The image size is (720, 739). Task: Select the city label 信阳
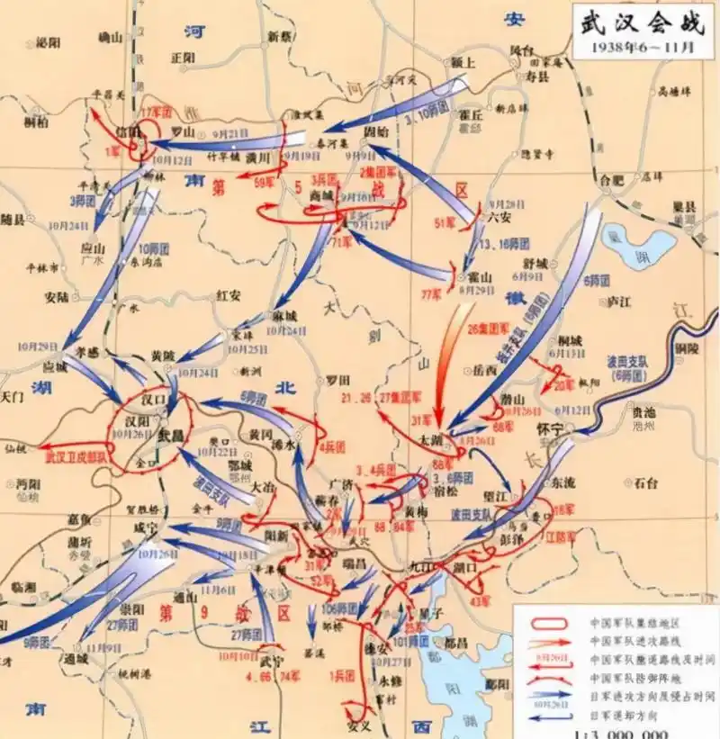coord(130,131)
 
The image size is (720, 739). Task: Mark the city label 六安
coord(497,216)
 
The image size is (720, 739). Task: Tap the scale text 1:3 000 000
coord(621,731)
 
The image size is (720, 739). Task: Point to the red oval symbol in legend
coord(544,621)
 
